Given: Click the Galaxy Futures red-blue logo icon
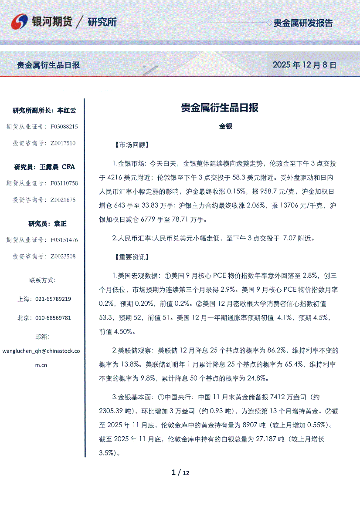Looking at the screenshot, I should point(19,21).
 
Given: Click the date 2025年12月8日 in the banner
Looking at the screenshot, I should point(304,65).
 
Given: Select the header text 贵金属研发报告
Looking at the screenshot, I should point(303,23).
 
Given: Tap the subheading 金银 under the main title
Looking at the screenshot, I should point(225,126).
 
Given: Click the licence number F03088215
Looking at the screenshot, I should point(64,127).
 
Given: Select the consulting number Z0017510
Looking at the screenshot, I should point(63,143).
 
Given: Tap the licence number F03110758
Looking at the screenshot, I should point(64,183).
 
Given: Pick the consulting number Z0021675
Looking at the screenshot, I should point(63,200).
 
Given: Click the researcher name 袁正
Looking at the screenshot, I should point(60,224).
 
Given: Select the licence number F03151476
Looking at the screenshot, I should point(64,240).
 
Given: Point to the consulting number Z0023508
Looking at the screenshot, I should point(63,256).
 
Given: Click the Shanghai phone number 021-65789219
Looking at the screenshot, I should point(53,299).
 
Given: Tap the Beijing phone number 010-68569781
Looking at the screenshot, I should point(53,318).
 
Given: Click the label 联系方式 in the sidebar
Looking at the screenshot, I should point(42,280).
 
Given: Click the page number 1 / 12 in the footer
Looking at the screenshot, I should point(180,472).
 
